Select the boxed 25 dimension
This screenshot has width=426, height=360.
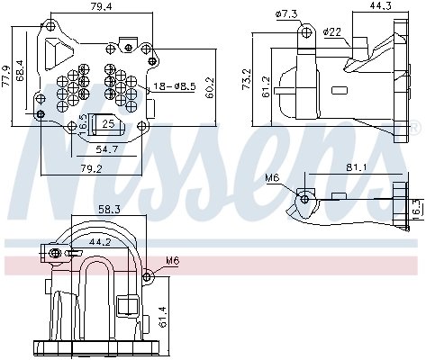[107, 123]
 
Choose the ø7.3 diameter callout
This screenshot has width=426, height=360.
[286, 13]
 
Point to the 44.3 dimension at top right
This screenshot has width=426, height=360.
[380, 8]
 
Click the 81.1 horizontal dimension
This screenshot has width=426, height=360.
[354, 166]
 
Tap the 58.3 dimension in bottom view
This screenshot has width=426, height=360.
[109, 209]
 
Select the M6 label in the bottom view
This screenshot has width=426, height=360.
[171, 263]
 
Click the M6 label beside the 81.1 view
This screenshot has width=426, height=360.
[273, 178]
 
